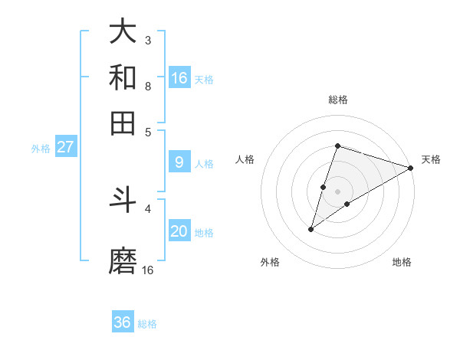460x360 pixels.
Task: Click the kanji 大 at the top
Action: click(123, 32)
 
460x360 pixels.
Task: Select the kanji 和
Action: click(123, 78)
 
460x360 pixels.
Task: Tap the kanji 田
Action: click(123, 123)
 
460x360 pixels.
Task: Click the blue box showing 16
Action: click(179, 78)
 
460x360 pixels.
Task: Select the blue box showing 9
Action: click(179, 162)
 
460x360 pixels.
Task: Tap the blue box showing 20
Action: click(179, 232)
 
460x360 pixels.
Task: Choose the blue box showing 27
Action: click(65, 147)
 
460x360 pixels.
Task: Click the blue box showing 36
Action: click(123, 322)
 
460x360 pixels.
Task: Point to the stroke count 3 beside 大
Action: click(147, 40)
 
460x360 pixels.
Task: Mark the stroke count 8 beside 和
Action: click(147, 86)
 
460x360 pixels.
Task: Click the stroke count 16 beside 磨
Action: click(148, 270)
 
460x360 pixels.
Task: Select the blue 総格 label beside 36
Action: click(147, 324)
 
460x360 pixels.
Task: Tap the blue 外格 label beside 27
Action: click(41, 149)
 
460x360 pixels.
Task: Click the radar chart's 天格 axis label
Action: click(431, 159)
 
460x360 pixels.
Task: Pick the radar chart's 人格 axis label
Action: click(245, 159)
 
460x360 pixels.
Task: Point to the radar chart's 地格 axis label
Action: click(402, 263)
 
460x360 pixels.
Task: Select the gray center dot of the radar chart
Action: click(337, 191)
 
